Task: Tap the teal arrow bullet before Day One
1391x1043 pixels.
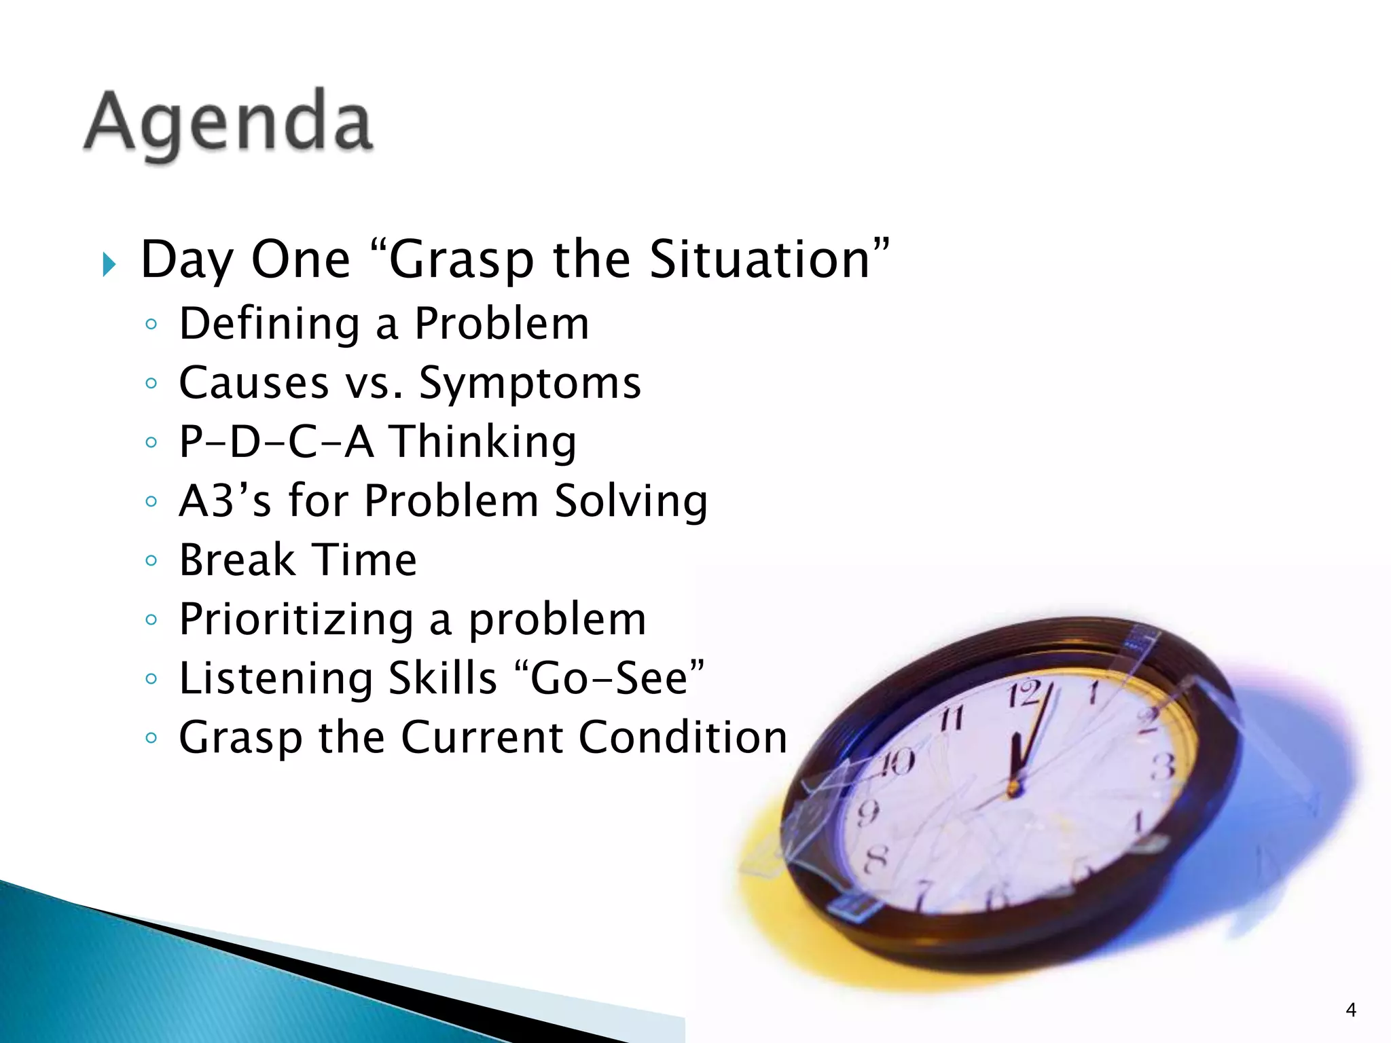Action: coord(109,263)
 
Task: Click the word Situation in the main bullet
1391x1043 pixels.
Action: coord(759,259)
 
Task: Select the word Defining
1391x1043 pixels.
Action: coord(269,323)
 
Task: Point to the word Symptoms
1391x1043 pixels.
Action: coord(530,384)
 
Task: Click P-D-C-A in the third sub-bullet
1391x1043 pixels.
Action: coord(276,442)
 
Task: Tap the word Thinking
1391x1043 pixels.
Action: coord(482,442)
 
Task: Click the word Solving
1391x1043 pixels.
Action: coord(631,501)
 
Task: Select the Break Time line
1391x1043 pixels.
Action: coord(297,560)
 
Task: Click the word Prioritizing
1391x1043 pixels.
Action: coord(296,619)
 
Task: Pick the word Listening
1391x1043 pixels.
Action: coord(276,678)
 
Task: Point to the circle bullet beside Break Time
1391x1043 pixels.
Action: coord(151,561)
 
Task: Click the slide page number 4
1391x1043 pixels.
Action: coord(1350,1010)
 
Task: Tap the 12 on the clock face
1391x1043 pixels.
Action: coord(1024,695)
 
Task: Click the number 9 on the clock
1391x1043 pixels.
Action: coord(867,812)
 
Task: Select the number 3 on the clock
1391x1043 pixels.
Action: coord(1163,766)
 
